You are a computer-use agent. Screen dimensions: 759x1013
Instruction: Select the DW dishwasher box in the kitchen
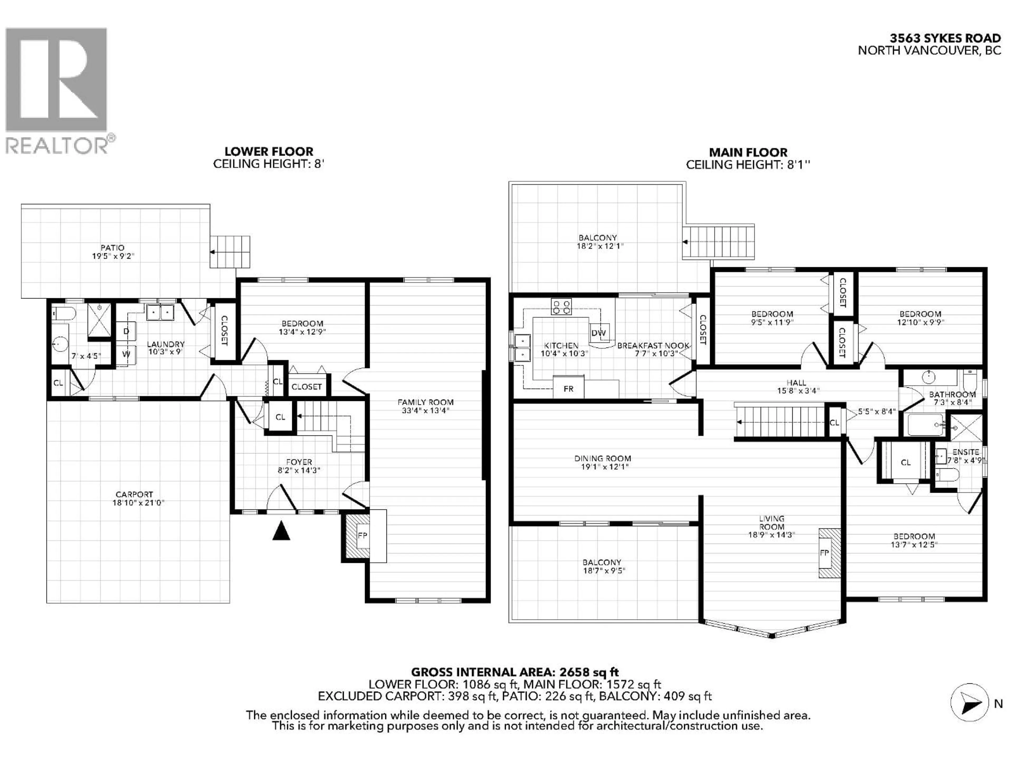coord(599,333)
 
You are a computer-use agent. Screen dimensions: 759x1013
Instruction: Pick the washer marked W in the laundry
coord(126,354)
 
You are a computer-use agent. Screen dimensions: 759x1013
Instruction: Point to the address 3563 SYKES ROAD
coord(945,38)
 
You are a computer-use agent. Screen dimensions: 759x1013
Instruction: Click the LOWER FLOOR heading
coord(269,152)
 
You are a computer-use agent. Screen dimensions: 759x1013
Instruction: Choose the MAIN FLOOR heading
coord(748,152)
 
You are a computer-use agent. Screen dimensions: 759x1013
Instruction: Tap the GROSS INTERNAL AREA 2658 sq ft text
coord(515,672)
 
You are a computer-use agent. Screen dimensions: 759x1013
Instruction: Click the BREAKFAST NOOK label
coord(653,346)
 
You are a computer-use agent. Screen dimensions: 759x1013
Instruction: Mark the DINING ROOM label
coord(603,458)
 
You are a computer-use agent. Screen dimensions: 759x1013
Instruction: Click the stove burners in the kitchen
coord(561,306)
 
